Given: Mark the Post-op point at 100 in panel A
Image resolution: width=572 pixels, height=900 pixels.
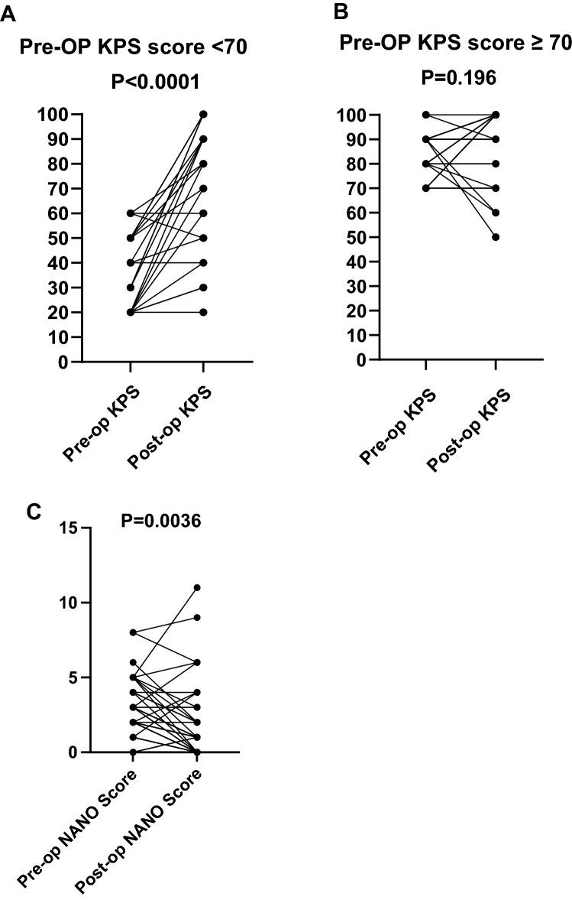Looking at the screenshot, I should click(x=203, y=115).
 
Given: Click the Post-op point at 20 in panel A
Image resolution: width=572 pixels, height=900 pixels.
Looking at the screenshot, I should click(x=203, y=312).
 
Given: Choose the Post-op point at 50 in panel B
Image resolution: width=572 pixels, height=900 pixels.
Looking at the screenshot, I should click(x=495, y=237).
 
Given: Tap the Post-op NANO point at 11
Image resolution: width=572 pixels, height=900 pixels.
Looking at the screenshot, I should click(x=196, y=588).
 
